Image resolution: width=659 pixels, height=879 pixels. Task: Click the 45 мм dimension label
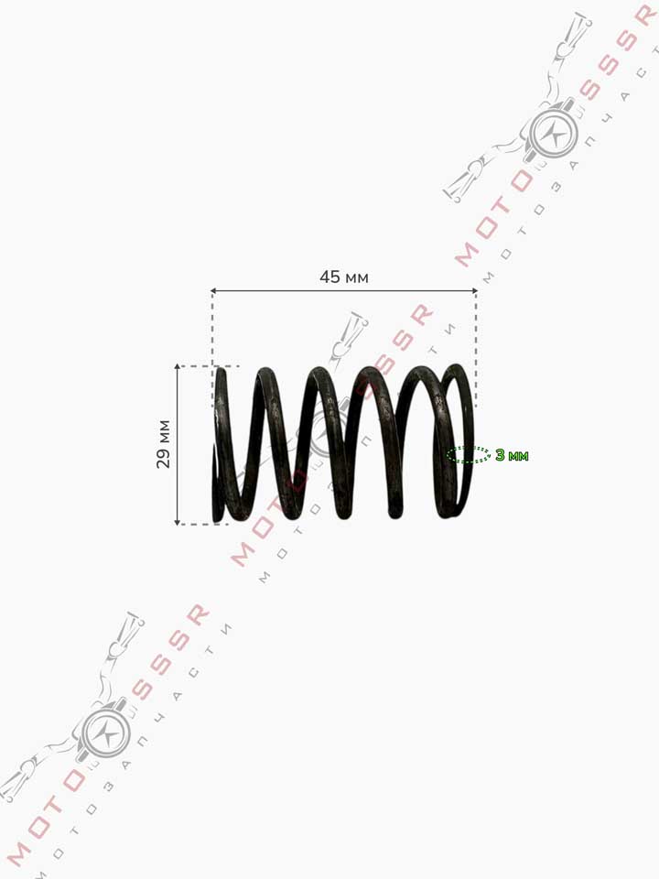pyautogui.click(x=344, y=277)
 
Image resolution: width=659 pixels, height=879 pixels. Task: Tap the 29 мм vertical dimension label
pyautogui.click(x=163, y=444)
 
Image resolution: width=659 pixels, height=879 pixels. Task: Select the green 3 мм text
pyautogui.click(x=512, y=455)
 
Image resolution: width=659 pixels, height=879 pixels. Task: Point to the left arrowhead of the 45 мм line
pyautogui.click(x=213, y=291)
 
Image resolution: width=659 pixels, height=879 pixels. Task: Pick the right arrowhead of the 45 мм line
pyautogui.click(x=475, y=291)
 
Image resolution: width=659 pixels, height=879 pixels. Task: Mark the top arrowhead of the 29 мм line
pyautogui.click(x=177, y=367)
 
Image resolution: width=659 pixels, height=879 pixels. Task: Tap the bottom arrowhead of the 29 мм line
pyautogui.click(x=177, y=522)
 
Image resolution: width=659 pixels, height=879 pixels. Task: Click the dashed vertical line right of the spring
pyautogui.click(x=476, y=349)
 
